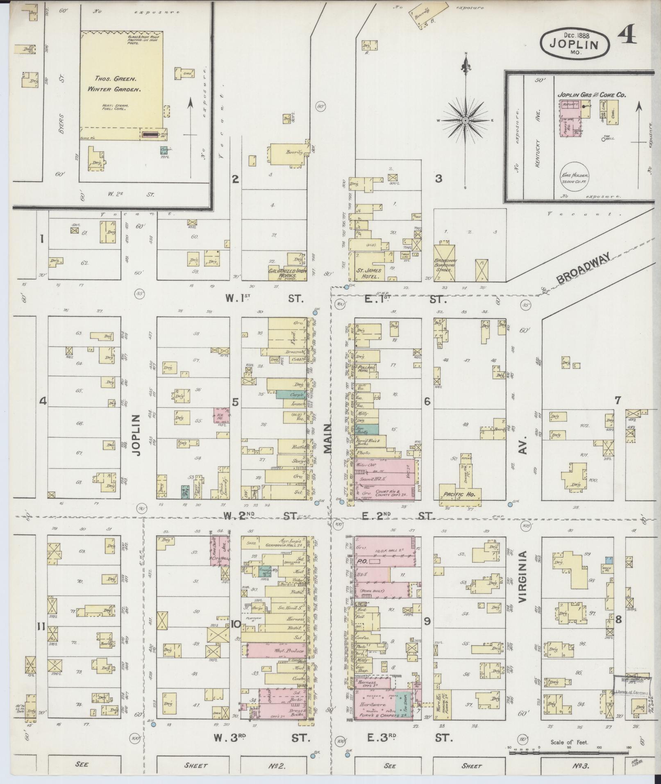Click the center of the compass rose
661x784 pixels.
click(466, 120)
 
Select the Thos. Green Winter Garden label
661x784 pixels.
click(114, 83)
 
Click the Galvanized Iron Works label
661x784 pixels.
click(283, 273)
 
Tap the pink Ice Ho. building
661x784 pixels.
click(220, 415)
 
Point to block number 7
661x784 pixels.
click(618, 400)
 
